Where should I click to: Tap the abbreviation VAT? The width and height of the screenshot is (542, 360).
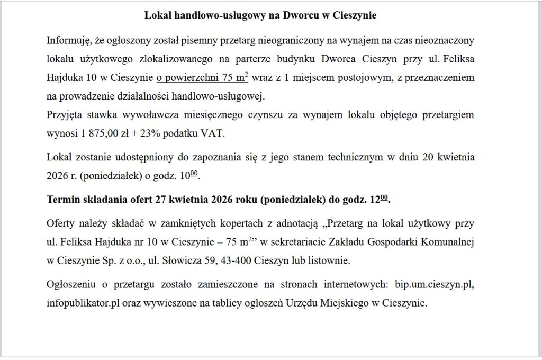[x=212, y=133]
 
